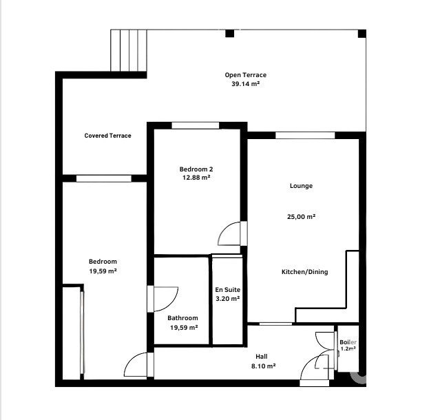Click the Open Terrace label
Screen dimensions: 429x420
click(245, 75)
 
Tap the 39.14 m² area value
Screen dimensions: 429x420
click(245, 84)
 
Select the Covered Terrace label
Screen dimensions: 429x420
click(108, 136)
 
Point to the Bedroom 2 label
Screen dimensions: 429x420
click(196, 169)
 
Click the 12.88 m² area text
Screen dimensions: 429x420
click(196, 178)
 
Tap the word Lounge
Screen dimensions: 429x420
click(301, 186)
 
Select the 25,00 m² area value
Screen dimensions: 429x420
click(301, 217)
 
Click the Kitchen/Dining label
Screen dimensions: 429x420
click(304, 272)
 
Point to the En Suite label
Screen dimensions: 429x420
click(228, 289)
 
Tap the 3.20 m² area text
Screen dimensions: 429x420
click(228, 299)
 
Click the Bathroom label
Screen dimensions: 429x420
click(182, 318)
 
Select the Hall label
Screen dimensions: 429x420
click(262, 357)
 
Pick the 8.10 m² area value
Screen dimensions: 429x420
click(263, 366)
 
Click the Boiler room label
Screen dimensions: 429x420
click(348, 342)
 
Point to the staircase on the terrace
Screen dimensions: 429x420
click(129, 50)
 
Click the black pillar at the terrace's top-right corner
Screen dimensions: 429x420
click(362, 34)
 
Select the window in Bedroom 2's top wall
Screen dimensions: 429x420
click(196, 125)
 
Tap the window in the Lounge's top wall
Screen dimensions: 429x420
click(305, 135)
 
